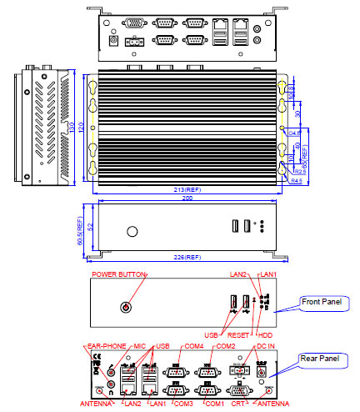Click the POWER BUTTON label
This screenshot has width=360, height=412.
point(119,274)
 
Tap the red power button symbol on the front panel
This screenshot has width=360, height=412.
point(127,306)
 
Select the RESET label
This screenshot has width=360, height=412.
point(239,334)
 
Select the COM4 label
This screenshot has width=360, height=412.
point(193,346)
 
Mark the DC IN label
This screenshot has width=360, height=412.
point(266,346)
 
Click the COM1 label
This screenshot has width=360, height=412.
point(214,404)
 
